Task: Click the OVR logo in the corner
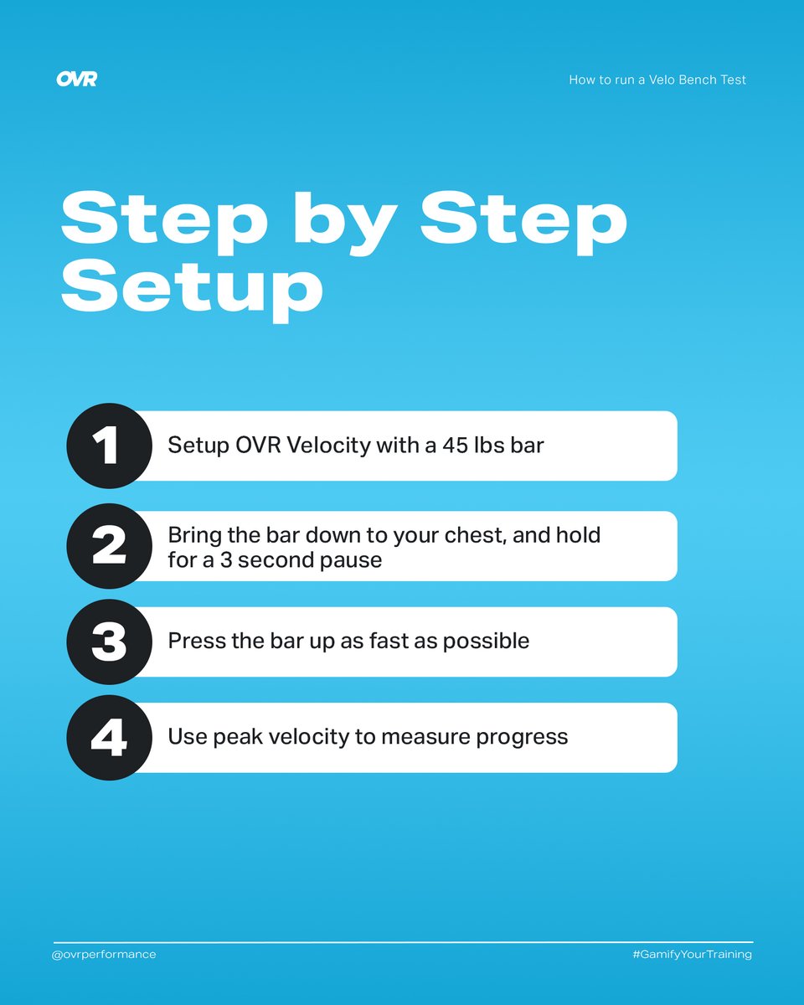click(77, 79)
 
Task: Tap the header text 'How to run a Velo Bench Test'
click(657, 80)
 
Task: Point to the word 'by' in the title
click(345, 222)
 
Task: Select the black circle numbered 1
click(110, 446)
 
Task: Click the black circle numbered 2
click(110, 545)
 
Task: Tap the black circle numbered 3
click(110, 642)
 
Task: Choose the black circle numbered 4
click(110, 737)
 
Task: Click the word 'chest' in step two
click(475, 535)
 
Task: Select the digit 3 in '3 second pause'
click(226, 560)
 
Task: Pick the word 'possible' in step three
click(486, 642)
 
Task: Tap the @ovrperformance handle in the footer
click(104, 954)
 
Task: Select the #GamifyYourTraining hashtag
click(693, 954)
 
